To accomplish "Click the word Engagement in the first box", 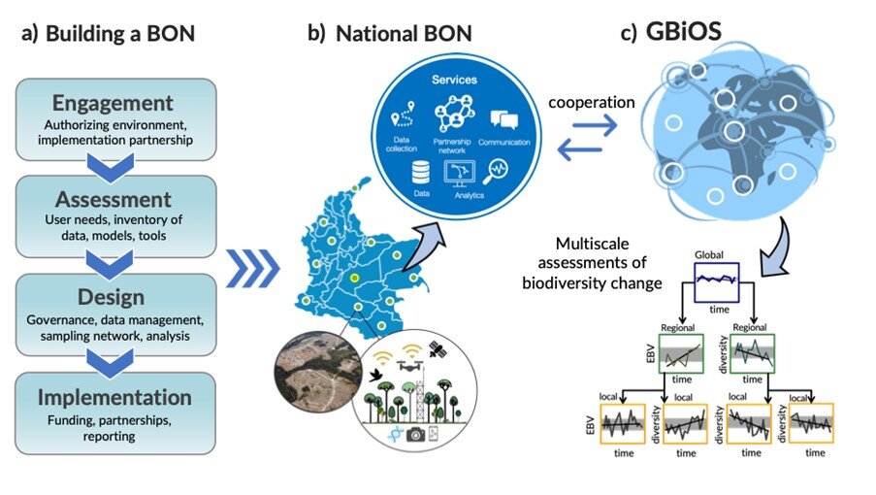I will (x=114, y=103).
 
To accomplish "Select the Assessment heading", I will (x=114, y=200).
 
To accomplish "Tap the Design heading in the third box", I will (x=114, y=298).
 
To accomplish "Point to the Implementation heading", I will (x=114, y=397).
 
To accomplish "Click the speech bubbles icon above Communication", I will (x=503, y=120).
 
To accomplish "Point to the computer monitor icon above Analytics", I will (x=458, y=172).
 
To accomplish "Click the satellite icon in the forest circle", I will (x=436, y=346).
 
